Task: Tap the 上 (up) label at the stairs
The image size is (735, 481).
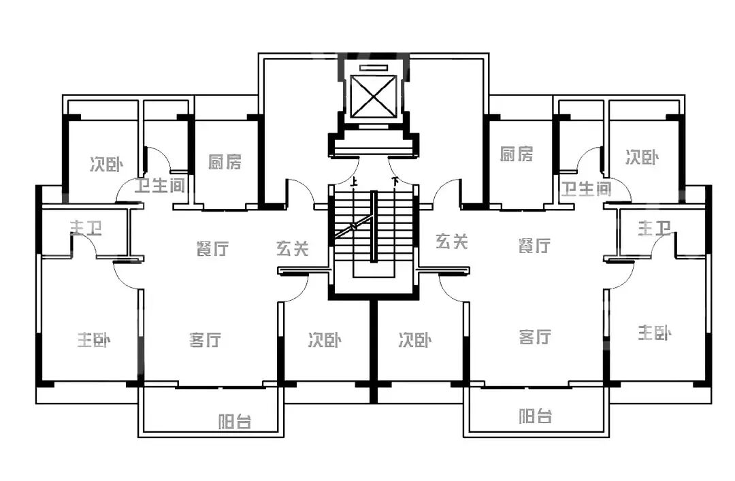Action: click(354, 182)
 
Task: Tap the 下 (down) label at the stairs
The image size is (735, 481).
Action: click(395, 182)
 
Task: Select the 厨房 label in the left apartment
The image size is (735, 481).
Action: click(225, 162)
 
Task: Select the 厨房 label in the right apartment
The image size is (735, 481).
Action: click(517, 154)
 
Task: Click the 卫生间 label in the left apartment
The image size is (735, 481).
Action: click(160, 186)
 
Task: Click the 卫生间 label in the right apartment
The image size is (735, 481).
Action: click(585, 189)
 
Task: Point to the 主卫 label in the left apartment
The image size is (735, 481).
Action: click(86, 228)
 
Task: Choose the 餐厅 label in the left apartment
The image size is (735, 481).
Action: click(212, 249)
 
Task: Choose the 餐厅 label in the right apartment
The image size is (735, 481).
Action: click(534, 246)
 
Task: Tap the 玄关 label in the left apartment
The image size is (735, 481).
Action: click(293, 249)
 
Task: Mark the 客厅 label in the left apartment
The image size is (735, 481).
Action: click(205, 339)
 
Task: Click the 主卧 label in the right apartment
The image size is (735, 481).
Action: click(655, 333)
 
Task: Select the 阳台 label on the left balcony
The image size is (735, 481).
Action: click(235, 422)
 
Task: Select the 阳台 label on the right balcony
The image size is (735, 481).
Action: click(535, 416)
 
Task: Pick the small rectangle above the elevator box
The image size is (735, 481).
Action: click(372, 67)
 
